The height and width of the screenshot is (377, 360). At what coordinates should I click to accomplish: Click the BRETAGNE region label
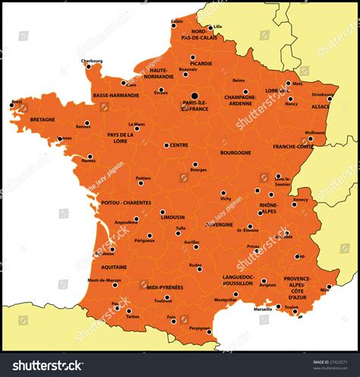pyautogui.click(x=43, y=119)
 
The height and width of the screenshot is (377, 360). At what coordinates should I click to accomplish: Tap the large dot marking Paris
pyautogui.click(x=194, y=97)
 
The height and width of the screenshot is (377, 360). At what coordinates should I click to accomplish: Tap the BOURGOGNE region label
pyautogui.click(x=235, y=153)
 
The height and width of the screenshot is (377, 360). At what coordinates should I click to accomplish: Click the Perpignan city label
pyautogui.click(x=199, y=328)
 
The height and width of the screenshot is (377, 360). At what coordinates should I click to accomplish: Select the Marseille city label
pyautogui.click(x=263, y=309)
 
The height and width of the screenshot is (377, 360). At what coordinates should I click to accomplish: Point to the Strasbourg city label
pyautogui.click(x=322, y=95)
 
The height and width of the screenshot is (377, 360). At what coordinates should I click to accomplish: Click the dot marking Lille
pyautogui.click(x=210, y=27)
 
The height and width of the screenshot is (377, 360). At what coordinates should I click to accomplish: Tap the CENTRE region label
pyautogui.click(x=179, y=145)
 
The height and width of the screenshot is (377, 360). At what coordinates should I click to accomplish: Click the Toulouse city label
pyautogui.click(x=163, y=300)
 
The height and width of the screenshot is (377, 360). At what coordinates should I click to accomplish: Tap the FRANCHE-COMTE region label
pyautogui.click(x=294, y=147)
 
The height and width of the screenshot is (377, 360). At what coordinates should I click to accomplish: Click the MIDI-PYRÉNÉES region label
pyautogui.click(x=165, y=287)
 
